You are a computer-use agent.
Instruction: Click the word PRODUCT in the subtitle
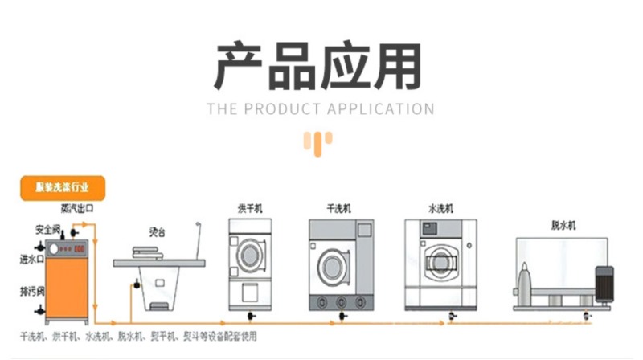pos(281,108)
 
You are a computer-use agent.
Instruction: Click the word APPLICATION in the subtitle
pos(379,108)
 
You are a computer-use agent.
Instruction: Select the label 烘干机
pos(249,208)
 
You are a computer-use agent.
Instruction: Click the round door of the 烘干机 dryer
pos(248,250)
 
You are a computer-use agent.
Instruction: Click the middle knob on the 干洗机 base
pos(340,301)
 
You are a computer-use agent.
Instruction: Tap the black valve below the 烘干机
pos(253,314)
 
